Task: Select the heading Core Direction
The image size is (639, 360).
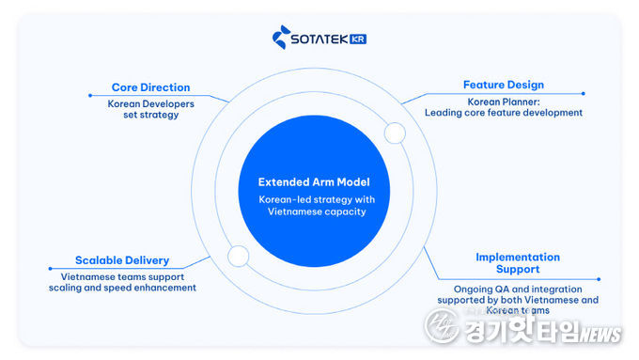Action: [150, 87]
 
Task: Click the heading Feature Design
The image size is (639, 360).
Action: [503, 85]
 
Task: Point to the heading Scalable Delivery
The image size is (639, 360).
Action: [122, 260]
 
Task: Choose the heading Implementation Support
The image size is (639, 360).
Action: [517, 263]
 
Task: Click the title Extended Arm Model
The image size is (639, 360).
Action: [314, 181]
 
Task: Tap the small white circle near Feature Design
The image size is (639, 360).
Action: [395, 133]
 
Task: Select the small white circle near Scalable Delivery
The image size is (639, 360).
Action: [238, 255]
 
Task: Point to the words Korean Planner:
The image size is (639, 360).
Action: [503, 101]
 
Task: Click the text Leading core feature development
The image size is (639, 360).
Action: [504, 113]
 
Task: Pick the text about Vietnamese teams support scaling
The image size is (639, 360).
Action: [129, 282]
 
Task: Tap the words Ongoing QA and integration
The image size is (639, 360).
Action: [517, 289]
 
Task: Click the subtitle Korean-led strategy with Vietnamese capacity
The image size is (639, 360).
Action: [314, 205]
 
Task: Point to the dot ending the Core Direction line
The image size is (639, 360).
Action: [89, 95]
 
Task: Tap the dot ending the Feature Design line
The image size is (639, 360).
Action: [583, 93]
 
